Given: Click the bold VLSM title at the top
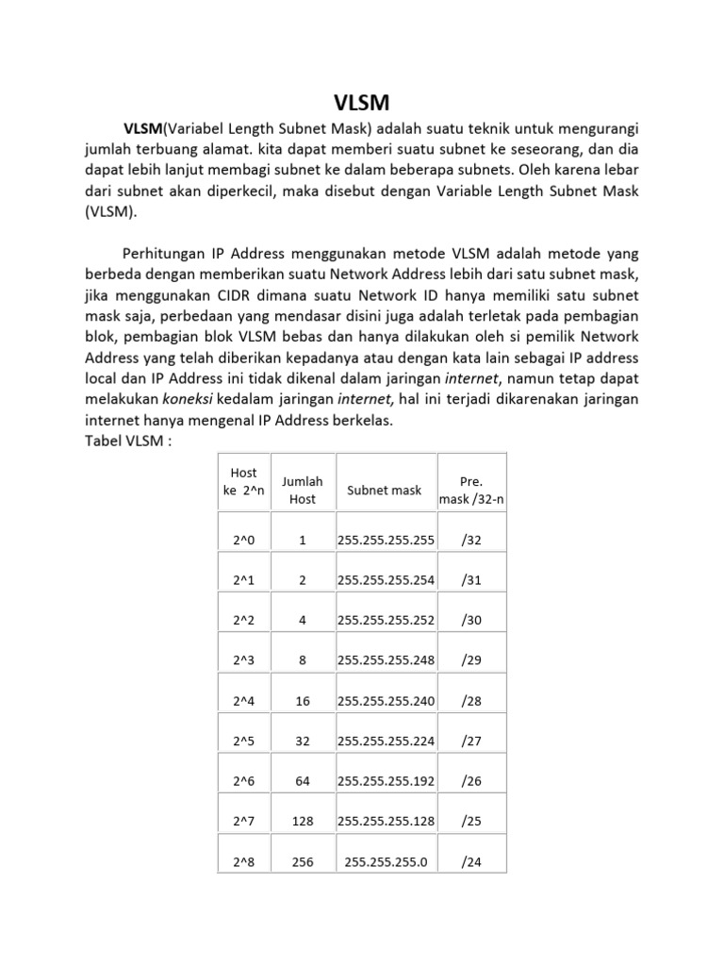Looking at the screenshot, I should click(x=361, y=101).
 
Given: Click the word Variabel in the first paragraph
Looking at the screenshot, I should click(x=200, y=127).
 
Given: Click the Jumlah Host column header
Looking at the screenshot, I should click(x=302, y=490).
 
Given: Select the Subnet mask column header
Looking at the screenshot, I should click(x=384, y=491).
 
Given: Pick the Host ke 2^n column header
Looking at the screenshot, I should click(x=243, y=481).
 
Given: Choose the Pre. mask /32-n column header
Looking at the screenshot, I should click(x=471, y=490).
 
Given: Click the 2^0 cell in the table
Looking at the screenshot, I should click(x=243, y=540).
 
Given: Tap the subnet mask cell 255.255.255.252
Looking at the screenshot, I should click(x=386, y=621).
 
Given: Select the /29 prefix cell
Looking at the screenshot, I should click(x=471, y=660).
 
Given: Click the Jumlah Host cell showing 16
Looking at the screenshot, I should click(x=302, y=701).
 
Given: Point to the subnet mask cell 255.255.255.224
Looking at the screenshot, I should click(x=386, y=741).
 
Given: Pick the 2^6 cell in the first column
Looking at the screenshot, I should click(x=243, y=781).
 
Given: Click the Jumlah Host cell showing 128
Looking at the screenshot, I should click(x=302, y=822).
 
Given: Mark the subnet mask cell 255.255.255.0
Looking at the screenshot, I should click(x=386, y=861).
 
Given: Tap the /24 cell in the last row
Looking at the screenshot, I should click(x=471, y=861).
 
